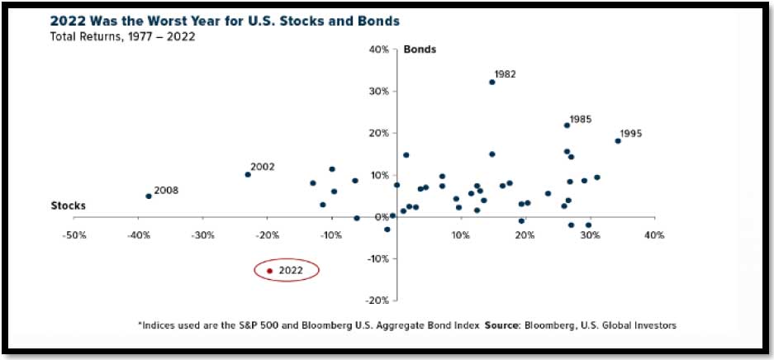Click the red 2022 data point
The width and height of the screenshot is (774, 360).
[x=269, y=271]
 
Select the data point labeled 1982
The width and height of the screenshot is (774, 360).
[x=491, y=82]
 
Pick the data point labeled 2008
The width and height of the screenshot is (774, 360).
[x=148, y=197]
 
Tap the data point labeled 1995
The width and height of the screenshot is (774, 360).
[x=617, y=141]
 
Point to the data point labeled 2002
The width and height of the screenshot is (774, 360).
[x=247, y=174]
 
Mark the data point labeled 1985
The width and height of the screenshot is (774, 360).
[x=567, y=126]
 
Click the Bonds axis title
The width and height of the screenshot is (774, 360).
[x=420, y=50]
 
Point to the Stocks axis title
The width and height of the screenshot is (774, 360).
[x=69, y=206]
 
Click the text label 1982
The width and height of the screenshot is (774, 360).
[x=505, y=73]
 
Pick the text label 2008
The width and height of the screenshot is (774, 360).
[x=166, y=191]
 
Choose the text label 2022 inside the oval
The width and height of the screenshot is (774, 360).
[x=291, y=271]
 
